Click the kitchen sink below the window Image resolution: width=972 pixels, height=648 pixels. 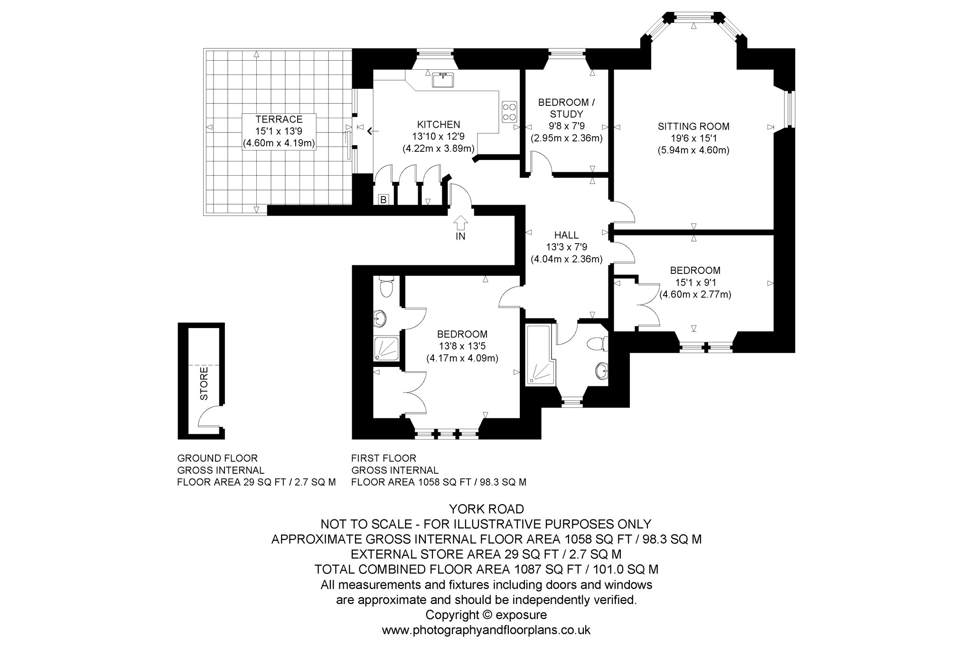tap(443, 80)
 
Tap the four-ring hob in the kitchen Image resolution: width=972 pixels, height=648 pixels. tap(509, 112)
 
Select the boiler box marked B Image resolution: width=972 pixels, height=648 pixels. tap(383, 200)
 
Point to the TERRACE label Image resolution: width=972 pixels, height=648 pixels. tap(279, 119)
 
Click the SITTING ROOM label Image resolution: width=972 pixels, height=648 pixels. tap(693, 126)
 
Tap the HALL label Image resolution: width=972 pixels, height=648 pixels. tap(567, 235)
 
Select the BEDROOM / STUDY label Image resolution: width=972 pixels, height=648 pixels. tap(566, 108)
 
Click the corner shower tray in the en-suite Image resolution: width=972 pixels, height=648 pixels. tap(387, 348)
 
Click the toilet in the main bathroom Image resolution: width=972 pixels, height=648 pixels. tap(597, 344)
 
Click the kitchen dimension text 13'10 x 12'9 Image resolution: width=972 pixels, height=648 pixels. tap(439, 136)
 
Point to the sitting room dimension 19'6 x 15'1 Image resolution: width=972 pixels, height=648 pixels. tap(693, 139)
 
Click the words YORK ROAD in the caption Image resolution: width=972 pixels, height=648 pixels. tap(486, 509)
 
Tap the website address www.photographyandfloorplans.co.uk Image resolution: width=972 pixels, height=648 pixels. tap(486, 630)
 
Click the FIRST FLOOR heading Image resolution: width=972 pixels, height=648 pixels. tap(383, 458)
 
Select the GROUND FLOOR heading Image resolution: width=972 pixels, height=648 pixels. tap(217, 458)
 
